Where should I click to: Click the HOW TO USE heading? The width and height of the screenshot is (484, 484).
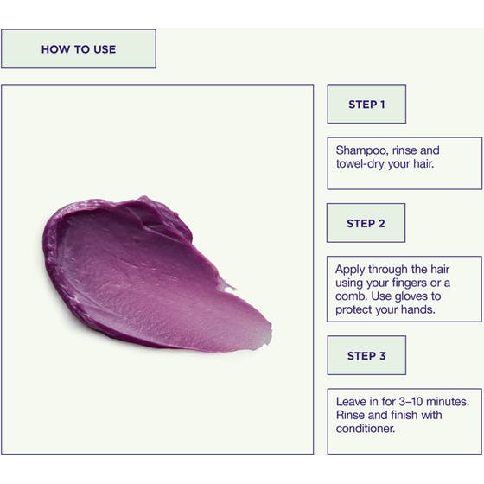click(x=79, y=49)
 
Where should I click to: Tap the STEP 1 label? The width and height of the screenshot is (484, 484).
click(x=366, y=105)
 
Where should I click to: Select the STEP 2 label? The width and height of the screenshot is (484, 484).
click(x=366, y=224)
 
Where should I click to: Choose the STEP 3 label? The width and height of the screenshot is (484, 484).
click(x=366, y=356)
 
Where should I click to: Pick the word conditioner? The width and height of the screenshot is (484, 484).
click(x=366, y=429)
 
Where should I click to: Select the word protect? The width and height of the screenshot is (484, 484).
click(x=353, y=310)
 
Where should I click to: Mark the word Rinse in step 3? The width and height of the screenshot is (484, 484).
click(x=350, y=415)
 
